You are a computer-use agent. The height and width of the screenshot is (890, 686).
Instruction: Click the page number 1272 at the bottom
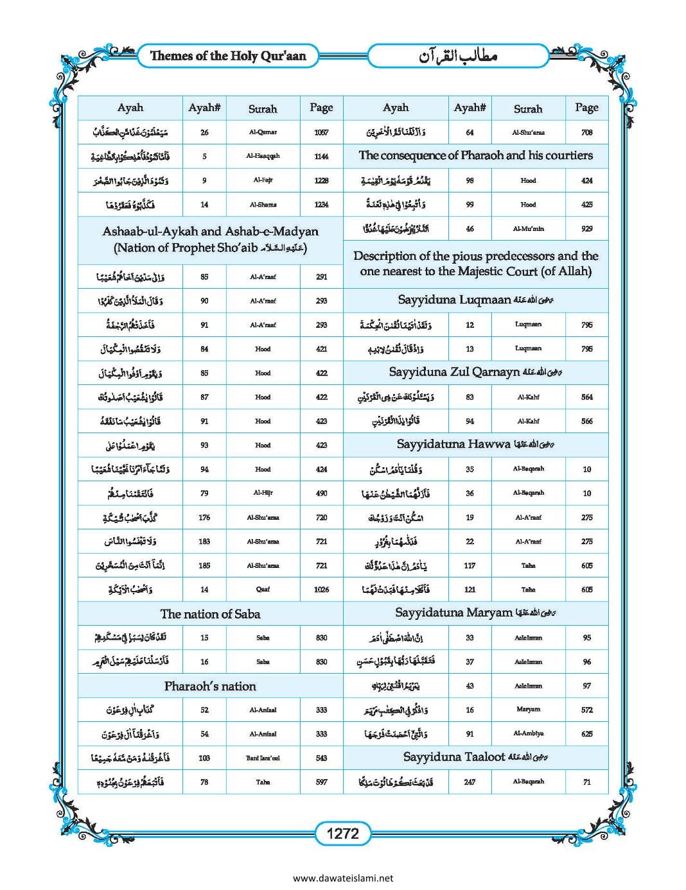pyautogui.click(x=342, y=834)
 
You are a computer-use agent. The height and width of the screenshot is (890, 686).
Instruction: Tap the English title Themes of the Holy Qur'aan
pyautogui.click(x=228, y=56)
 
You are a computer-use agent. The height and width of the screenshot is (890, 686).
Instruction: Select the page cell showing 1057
pyautogui.click(x=321, y=132)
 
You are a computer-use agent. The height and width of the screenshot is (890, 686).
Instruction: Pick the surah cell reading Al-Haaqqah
pyautogui.click(x=263, y=156)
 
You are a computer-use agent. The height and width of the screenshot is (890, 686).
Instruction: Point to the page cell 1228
pyautogui.click(x=321, y=180)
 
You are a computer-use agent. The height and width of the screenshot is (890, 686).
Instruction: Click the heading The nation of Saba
pyautogui.click(x=210, y=614)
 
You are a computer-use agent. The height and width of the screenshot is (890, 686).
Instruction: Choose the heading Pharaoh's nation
pyautogui.click(x=210, y=686)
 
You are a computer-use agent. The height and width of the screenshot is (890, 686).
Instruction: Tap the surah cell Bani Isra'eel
pyautogui.click(x=263, y=758)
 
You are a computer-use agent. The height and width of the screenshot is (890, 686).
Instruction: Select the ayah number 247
pyautogui.click(x=470, y=782)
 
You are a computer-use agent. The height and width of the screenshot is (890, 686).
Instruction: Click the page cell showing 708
pyautogui.click(x=586, y=132)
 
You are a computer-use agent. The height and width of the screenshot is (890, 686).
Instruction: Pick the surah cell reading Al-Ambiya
pyautogui.click(x=528, y=734)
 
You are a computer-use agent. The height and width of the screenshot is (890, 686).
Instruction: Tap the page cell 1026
pyautogui.click(x=321, y=590)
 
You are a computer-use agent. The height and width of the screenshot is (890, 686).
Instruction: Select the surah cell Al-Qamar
pyautogui.click(x=263, y=132)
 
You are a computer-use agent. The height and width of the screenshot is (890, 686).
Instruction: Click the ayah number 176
pyautogui.click(x=204, y=517)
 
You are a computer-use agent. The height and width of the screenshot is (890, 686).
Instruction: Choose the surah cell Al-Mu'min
pyautogui.click(x=528, y=228)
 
